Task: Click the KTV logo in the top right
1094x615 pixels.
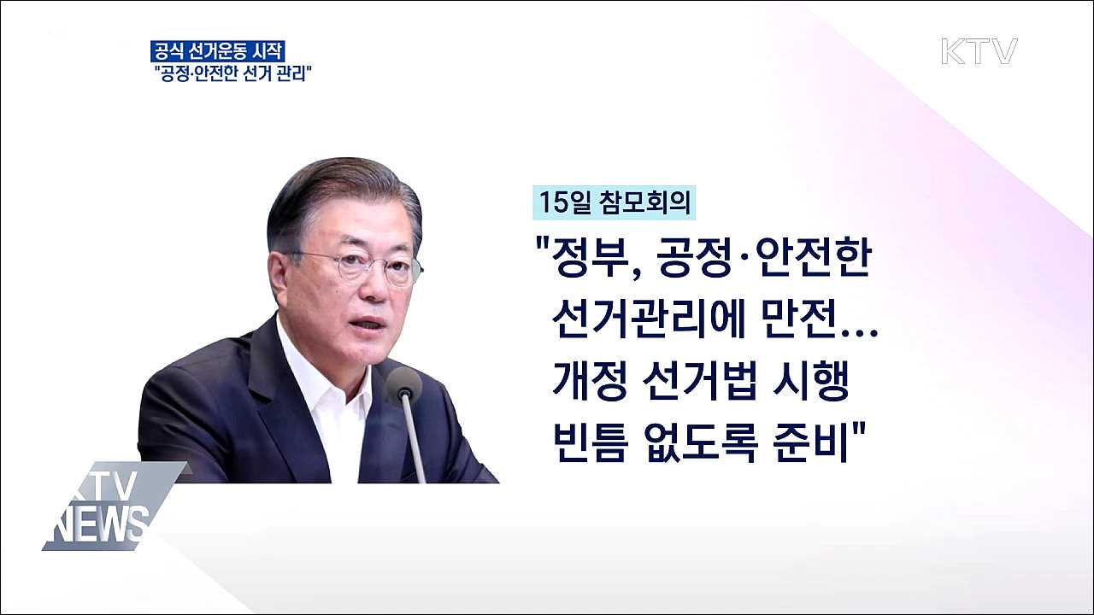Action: click(x=979, y=51)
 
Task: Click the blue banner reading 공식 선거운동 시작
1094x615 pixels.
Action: click(x=218, y=50)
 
